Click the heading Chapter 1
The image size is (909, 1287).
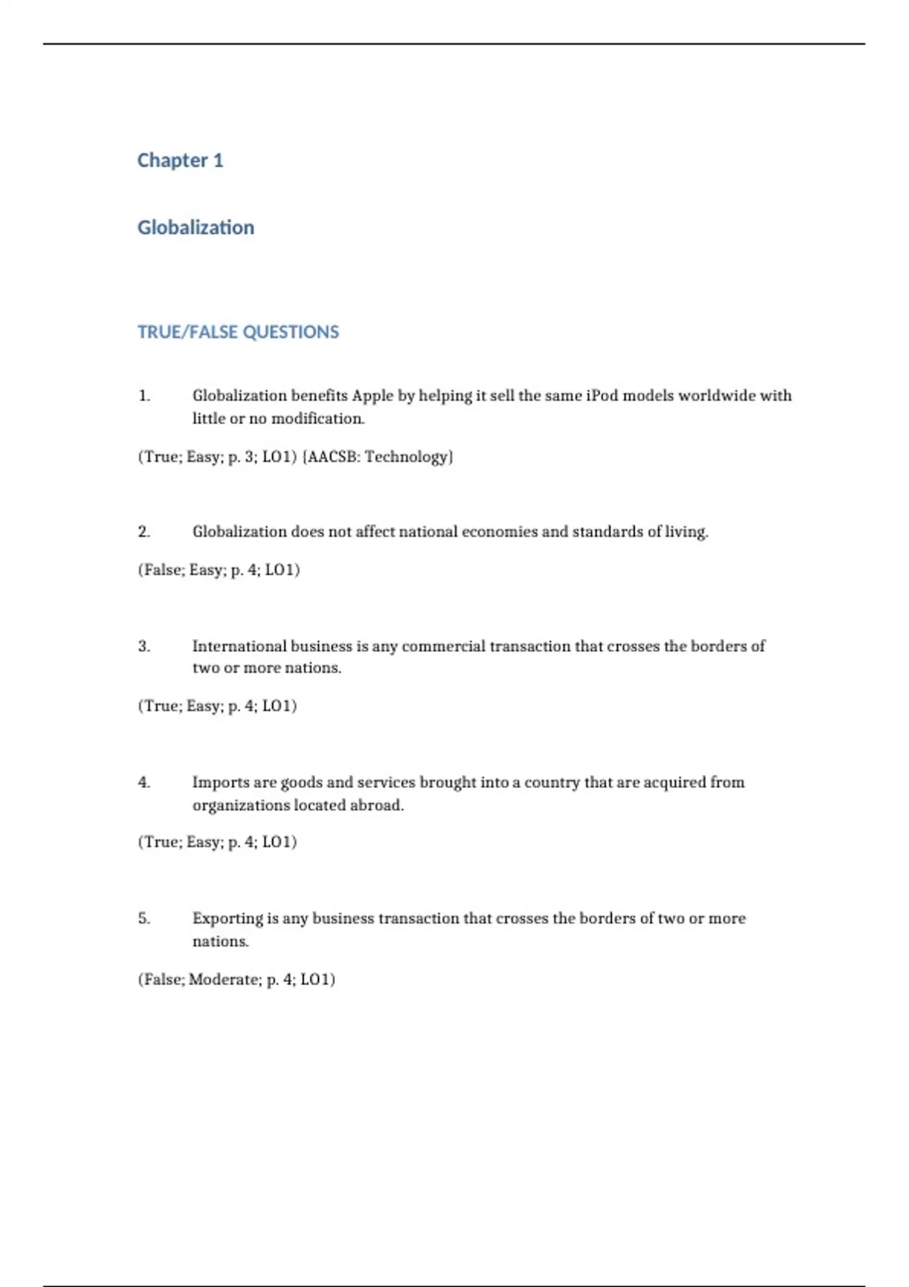(180, 160)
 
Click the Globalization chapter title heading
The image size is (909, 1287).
(195, 228)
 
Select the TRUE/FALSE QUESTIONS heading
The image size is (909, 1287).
(238, 332)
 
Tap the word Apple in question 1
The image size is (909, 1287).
(373, 396)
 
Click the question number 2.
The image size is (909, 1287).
(144, 532)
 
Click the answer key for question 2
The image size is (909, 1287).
(219, 570)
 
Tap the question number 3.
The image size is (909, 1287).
(144, 647)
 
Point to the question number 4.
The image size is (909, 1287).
(144, 783)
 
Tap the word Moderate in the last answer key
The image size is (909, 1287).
(223, 980)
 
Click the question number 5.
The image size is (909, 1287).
(144, 919)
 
